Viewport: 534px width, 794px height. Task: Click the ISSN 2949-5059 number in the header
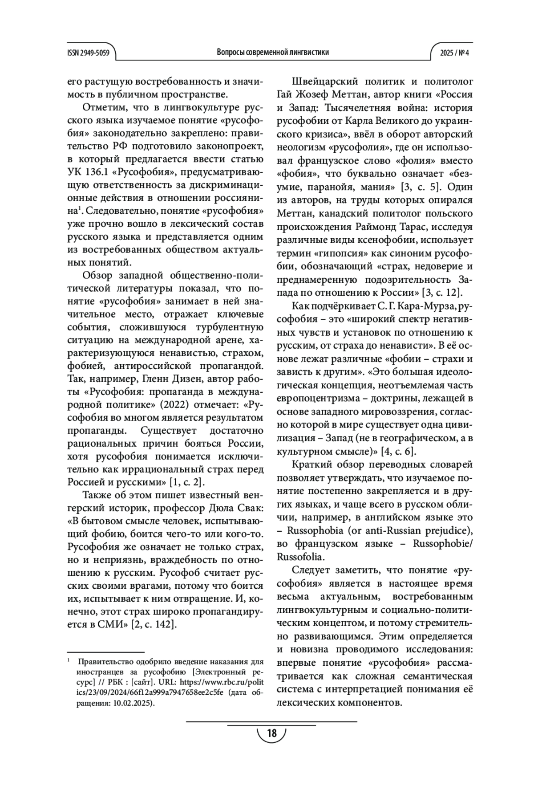tap(88, 52)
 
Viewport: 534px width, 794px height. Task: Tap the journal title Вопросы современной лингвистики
tap(273, 52)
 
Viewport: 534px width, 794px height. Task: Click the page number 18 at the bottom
tap(271, 733)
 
